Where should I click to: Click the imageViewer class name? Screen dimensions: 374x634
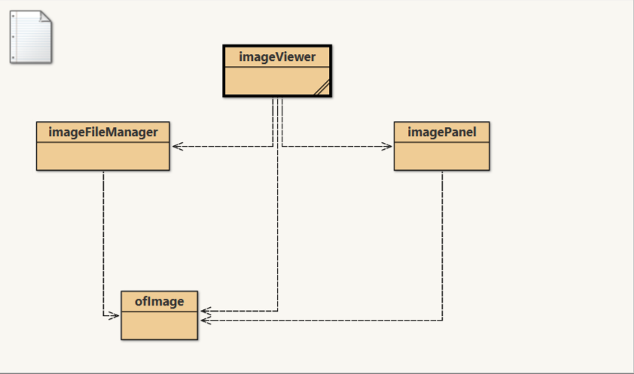coord(277,56)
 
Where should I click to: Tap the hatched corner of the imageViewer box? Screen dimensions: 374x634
coord(322,87)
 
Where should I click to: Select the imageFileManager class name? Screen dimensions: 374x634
coord(103,132)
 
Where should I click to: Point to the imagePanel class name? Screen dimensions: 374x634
coord(441,132)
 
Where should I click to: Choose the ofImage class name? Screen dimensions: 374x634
coord(159,302)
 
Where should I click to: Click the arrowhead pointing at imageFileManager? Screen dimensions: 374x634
coord(176,146)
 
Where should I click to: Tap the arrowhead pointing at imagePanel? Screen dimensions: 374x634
coord(387,146)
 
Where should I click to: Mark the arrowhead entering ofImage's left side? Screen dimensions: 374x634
coord(114,315)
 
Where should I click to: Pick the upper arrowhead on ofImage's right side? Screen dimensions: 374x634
coord(206,310)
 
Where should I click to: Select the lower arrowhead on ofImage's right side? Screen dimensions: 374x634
coord(206,321)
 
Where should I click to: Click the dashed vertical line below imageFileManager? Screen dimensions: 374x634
coord(103,241)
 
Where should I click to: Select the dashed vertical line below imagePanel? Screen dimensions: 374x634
coord(442,241)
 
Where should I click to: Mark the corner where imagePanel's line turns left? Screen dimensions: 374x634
coord(442,321)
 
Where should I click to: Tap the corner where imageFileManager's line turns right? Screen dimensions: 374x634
coord(103,315)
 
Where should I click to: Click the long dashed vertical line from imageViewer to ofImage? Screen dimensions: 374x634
coord(278,226)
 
